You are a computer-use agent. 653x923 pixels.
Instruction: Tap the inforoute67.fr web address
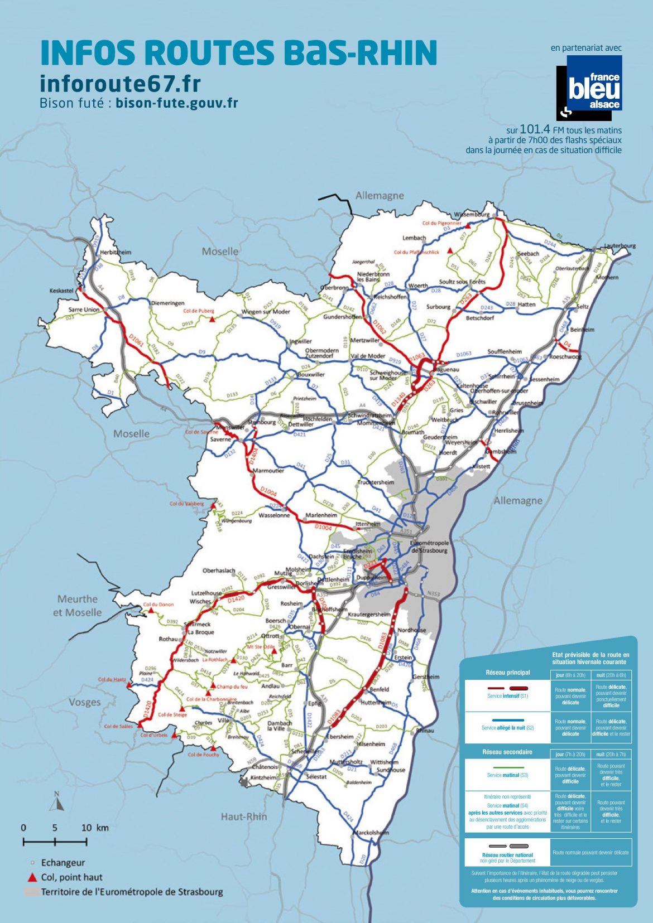[120, 84]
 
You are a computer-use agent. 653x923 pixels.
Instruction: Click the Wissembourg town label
[472, 214]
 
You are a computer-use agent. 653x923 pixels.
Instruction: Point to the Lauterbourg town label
[620, 245]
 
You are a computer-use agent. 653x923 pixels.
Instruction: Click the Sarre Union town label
[84, 310]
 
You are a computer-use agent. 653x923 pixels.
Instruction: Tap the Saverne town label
[220, 439]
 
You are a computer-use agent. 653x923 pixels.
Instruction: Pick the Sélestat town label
[316, 776]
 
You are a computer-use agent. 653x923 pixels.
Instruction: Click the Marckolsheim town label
[372, 832]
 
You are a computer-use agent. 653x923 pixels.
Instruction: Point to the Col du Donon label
[158, 604]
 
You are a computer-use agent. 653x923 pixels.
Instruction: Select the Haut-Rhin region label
[244, 816]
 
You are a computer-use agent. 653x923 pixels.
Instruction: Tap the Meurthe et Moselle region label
[78, 606]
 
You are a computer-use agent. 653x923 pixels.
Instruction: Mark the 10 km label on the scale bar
[95, 828]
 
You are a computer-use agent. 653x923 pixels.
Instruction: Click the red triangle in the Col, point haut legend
[32, 877]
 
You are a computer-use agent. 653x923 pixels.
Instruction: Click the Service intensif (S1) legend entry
[507, 696]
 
